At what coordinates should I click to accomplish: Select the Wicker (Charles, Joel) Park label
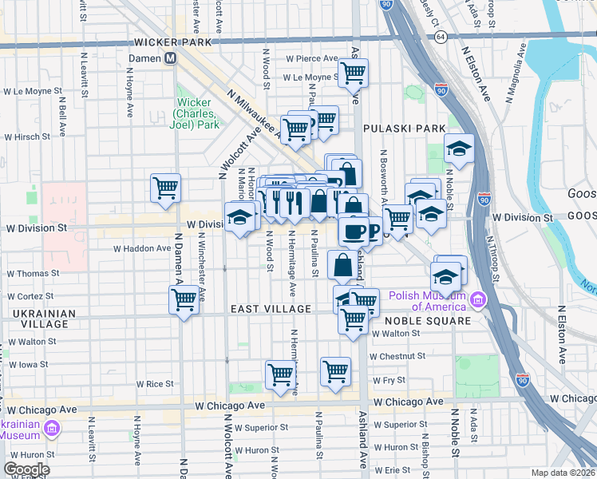click(x=197, y=113)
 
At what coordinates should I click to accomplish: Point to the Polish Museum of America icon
click(x=478, y=299)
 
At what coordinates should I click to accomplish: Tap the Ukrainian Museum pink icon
click(x=52, y=430)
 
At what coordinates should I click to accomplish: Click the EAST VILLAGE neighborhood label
click(x=271, y=309)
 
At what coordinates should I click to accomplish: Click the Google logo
click(x=26, y=469)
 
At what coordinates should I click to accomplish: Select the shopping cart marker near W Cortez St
click(x=184, y=300)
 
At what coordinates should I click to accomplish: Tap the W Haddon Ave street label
click(x=142, y=248)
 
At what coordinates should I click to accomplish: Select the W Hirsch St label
click(x=28, y=137)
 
